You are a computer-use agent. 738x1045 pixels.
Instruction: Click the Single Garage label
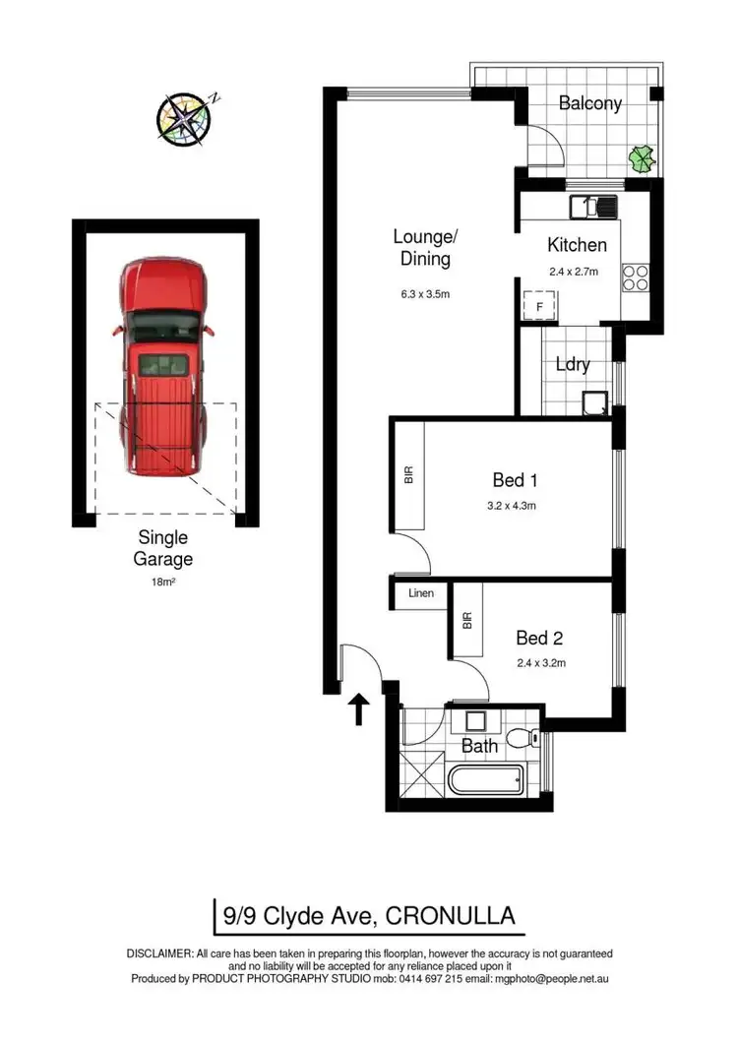163,549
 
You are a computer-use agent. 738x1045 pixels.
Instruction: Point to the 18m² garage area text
163,583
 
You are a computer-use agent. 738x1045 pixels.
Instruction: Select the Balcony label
590,103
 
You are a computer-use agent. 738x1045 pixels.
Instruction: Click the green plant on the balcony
642,156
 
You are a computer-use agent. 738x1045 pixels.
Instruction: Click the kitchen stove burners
635,278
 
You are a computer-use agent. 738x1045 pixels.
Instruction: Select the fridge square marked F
539,307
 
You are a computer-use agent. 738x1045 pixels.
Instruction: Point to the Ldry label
573,365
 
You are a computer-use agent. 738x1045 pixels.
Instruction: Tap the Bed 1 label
515,481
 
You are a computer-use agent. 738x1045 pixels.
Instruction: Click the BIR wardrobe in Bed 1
409,476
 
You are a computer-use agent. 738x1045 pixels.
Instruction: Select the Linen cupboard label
422,594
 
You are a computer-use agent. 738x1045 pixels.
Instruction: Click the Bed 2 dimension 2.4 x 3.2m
542,663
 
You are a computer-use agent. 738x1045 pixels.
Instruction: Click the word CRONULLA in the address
452,916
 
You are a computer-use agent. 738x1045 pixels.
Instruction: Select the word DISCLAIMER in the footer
159,953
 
